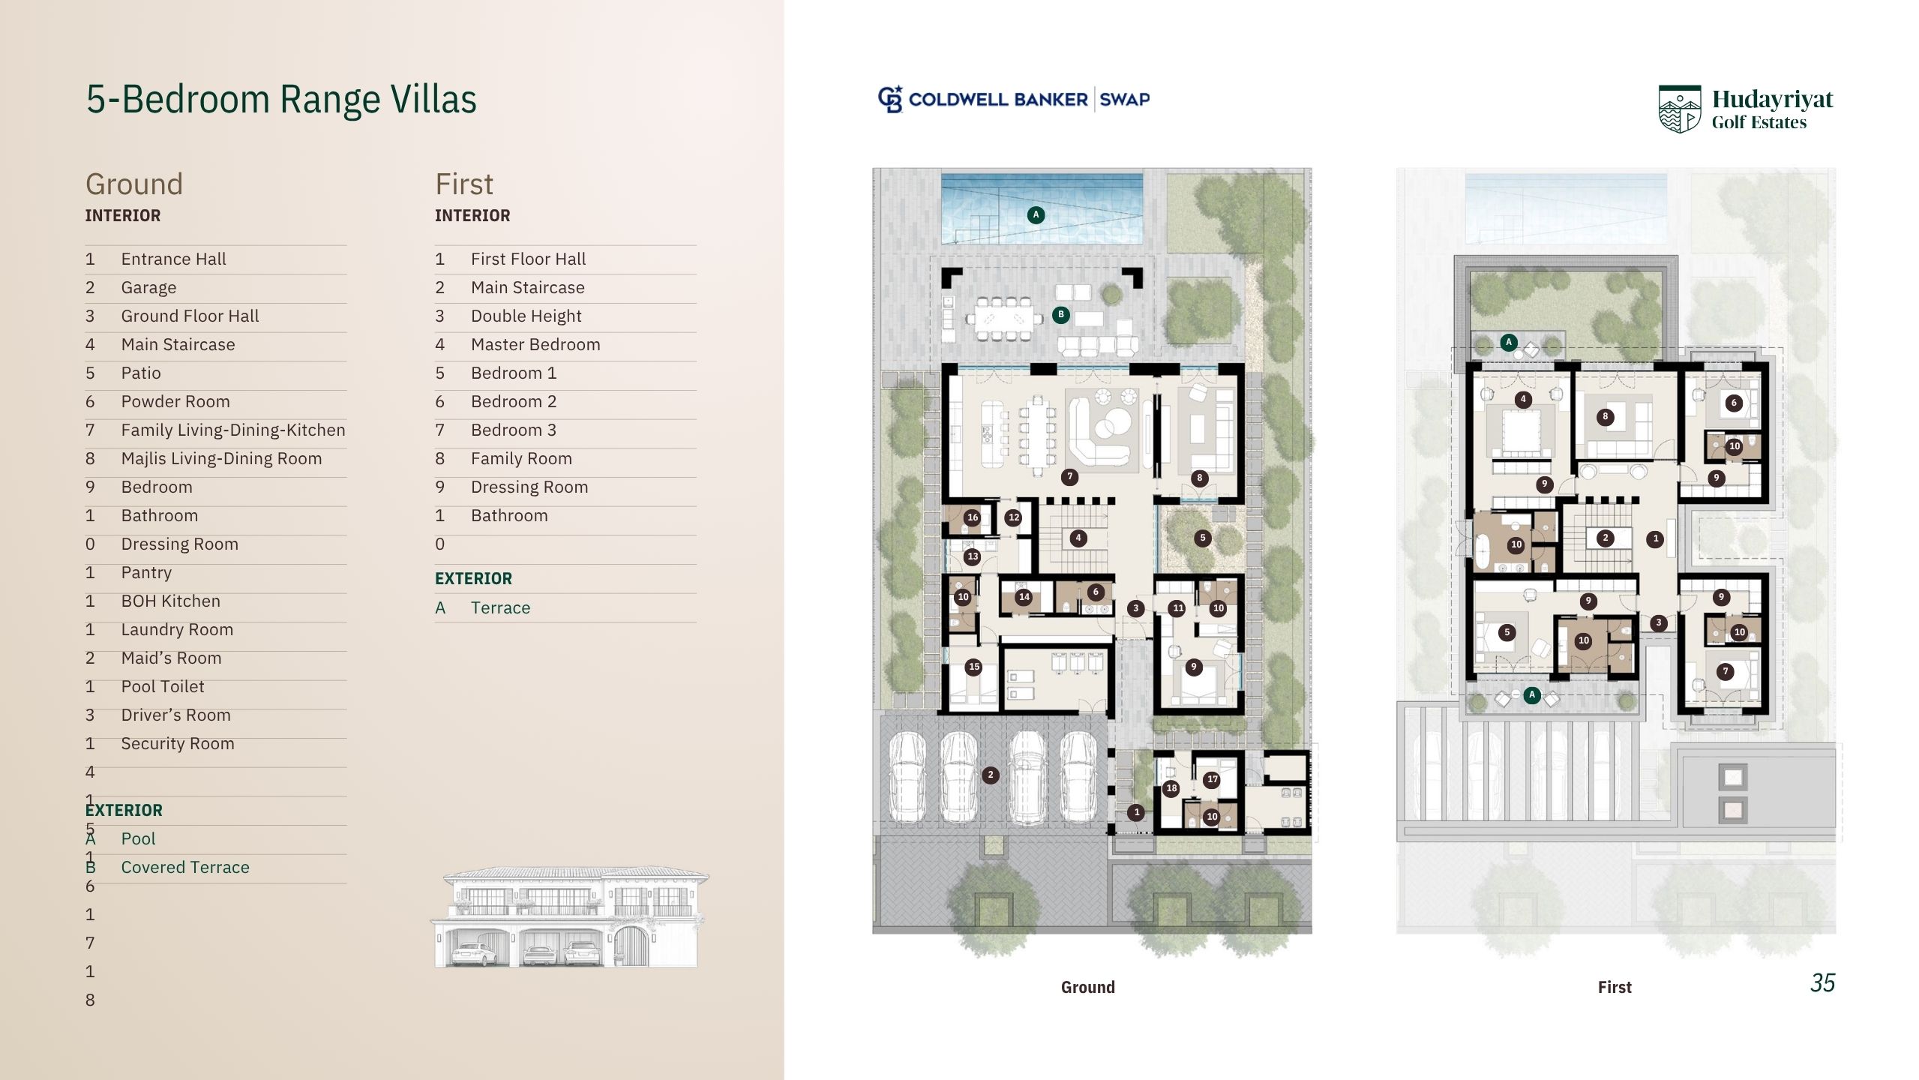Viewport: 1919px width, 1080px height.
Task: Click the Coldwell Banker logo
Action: tap(1013, 99)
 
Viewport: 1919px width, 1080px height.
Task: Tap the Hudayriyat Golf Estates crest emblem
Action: tap(1680, 109)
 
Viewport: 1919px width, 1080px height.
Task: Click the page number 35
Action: tap(1822, 982)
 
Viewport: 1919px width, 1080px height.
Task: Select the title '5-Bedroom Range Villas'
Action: tap(281, 99)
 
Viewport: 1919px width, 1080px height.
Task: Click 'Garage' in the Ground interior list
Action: tap(148, 287)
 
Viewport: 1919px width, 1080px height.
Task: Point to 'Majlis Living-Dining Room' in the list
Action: tap(221, 458)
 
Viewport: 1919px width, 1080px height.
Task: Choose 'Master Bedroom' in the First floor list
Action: tap(535, 344)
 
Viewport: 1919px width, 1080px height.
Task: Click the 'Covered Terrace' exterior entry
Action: tap(185, 867)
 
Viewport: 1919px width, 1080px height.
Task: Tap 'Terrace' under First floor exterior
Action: tap(500, 607)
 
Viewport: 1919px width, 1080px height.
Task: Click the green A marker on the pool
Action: tap(1036, 215)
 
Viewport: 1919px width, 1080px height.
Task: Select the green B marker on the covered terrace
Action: tap(1060, 314)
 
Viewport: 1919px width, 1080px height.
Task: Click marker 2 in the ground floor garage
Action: tap(991, 775)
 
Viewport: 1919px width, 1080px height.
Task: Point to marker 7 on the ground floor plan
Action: tap(1070, 476)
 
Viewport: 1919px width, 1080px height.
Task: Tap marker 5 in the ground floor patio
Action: tap(1203, 538)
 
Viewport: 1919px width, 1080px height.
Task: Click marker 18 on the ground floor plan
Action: tap(1171, 788)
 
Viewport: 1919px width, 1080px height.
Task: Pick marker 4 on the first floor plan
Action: tap(1523, 399)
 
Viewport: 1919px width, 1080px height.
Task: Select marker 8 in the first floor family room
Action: tap(1605, 416)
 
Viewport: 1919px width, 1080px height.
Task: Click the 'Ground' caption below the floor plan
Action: tap(1087, 987)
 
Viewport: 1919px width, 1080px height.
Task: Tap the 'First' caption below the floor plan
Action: tap(1615, 987)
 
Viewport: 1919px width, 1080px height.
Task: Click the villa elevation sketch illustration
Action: tap(570, 917)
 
